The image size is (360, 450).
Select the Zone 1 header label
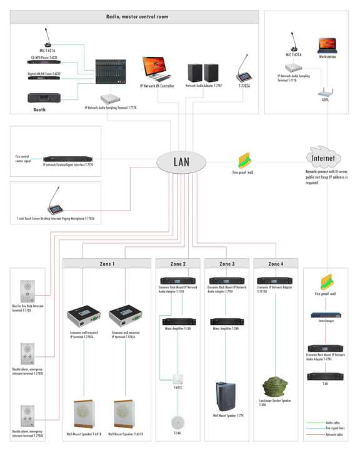pyautogui.click(x=107, y=264)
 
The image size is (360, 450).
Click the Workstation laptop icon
pyautogui.click(x=327, y=45)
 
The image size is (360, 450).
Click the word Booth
pyautogui.click(x=39, y=110)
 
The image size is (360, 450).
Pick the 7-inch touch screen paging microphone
pyautogui.click(x=56, y=207)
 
